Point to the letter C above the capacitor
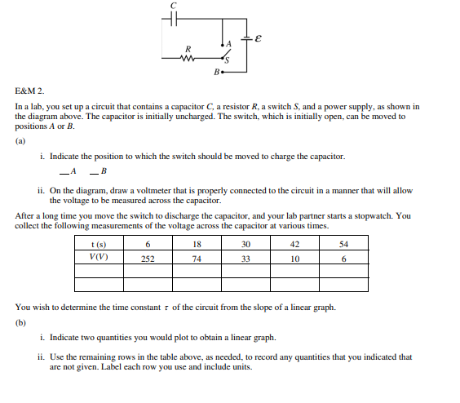172,7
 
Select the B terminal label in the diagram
215,73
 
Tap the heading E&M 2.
30,93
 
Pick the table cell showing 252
148,259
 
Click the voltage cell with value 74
197,259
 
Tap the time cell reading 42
294,245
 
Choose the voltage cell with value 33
245,259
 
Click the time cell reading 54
343,245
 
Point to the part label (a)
20,139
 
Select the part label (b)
20,321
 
